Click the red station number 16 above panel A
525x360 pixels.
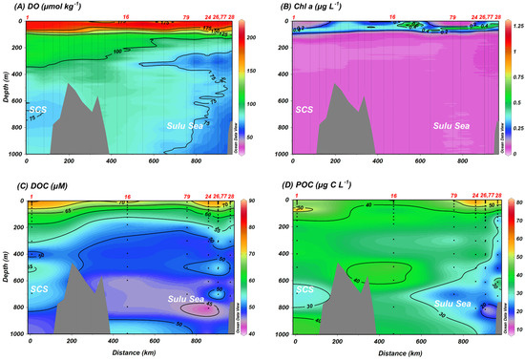(x=127, y=16)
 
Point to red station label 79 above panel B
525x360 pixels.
(x=452, y=16)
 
